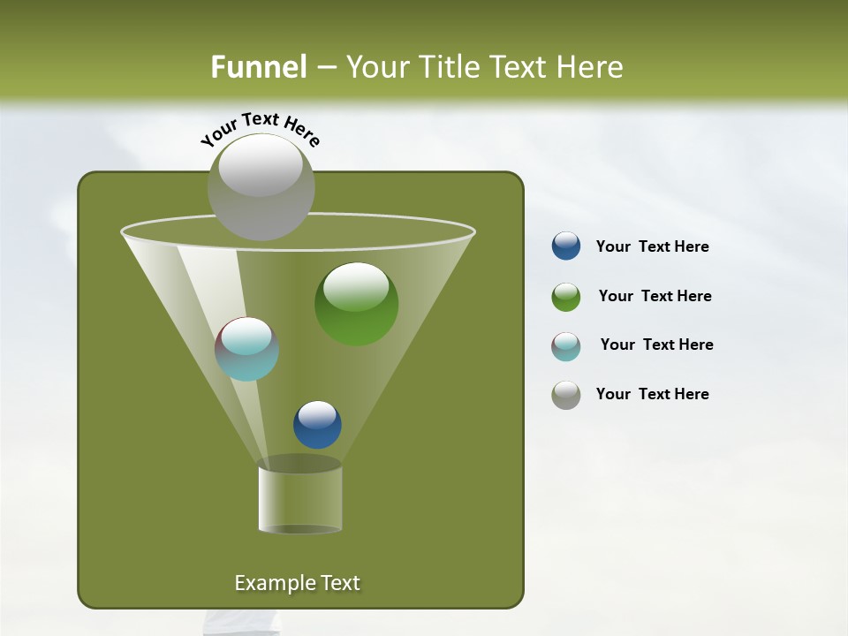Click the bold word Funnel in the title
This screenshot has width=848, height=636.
click(258, 67)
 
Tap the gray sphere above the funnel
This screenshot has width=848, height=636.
click(261, 186)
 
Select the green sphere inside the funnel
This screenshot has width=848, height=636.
click(356, 303)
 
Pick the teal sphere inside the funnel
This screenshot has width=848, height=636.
click(246, 349)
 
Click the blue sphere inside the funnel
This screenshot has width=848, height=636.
click(317, 424)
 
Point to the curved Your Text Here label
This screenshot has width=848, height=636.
click(260, 129)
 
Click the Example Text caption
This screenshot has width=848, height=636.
click(297, 583)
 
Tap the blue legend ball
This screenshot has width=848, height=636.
click(566, 246)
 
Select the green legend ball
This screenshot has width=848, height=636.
click(566, 297)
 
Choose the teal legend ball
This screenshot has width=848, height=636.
click(566, 345)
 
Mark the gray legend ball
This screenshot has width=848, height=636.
click(566, 395)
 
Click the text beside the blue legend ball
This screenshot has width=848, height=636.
click(652, 247)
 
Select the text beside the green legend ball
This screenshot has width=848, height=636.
click(655, 297)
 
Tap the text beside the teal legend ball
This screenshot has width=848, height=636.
click(656, 344)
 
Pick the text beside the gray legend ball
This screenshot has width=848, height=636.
click(652, 394)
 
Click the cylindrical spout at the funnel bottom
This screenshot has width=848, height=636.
click(299, 499)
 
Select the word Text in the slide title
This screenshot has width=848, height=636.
click(521, 67)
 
